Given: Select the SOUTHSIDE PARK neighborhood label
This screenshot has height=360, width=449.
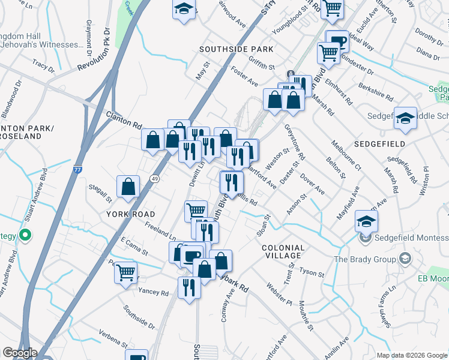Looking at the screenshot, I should coord(237,49).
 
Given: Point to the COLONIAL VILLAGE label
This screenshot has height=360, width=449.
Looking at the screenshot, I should coord(283,252).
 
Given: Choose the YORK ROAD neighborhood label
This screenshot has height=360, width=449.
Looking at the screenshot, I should coord(131,214).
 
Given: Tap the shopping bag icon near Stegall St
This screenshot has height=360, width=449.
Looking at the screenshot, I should coord(128,186).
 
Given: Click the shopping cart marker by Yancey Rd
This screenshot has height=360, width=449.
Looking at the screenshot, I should coord(126,272).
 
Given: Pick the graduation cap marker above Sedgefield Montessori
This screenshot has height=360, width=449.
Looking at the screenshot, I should coord(366,221).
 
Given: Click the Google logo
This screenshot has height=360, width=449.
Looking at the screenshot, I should coord(20,353).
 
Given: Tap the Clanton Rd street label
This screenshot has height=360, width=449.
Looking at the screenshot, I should coord(123,121).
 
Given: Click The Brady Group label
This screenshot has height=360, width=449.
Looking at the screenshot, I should coord(365,260).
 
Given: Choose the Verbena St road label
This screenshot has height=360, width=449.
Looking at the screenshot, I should coord(108,338).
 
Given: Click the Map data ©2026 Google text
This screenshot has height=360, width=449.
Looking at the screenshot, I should coord(411,355).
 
